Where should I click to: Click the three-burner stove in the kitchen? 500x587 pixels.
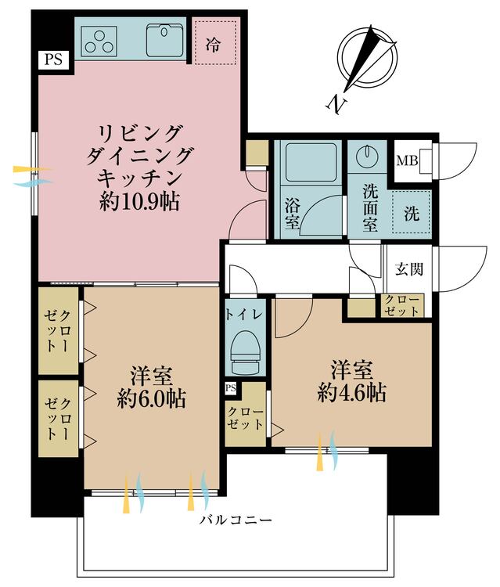tap(99, 41)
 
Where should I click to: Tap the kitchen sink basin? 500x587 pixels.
tap(164, 40)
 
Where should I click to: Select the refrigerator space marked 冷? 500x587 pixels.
tap(215, 42)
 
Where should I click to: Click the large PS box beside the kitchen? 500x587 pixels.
tap(54, 59)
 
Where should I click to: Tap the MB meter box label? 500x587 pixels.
tap(407, 161)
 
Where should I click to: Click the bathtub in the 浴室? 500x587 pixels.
tap(311, 162)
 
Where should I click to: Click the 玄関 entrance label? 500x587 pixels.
tap(409, 268)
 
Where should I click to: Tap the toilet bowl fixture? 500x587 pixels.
tap(244, 352)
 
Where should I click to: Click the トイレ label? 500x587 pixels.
tap(243, 314)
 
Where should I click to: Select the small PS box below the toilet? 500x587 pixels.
tap(231, 388)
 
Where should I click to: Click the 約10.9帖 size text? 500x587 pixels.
tap(139, 202)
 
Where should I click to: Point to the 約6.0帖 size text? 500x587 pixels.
tap(151, 398)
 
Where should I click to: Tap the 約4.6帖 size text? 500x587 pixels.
tap(352, 393)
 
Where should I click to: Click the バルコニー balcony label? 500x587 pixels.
tap(236, 520)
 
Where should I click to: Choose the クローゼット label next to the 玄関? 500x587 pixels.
tap(402, 305)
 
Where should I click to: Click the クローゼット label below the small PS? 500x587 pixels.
tap(245, 418)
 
